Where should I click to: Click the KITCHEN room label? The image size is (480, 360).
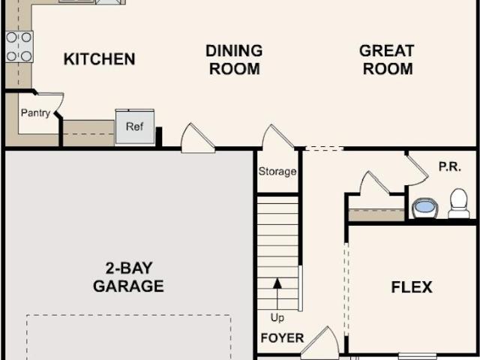[99, 59]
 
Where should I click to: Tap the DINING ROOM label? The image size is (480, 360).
[234, 60]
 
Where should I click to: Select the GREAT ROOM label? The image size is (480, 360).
[387, 60]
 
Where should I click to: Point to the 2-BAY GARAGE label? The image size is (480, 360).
[128, 277]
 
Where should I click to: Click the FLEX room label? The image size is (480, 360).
[412, 287]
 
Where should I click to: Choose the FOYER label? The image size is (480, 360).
[282, 338]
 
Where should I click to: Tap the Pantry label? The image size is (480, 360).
[35, 113]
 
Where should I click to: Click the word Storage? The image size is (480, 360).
[277, 172]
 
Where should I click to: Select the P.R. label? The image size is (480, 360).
[450, 167]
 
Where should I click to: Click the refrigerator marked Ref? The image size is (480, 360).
[135, 127]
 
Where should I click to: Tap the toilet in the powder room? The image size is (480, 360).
[458, 203]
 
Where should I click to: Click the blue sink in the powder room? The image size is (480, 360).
[425, 208]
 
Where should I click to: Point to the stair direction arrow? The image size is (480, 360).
[277, 294]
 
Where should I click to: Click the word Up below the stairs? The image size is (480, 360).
[277, 318]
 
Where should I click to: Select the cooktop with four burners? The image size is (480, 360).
[19, 46]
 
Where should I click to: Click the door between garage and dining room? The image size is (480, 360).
[198, 138]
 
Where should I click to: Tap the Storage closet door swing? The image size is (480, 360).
[278, 136]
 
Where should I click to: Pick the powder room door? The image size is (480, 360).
[418, 170]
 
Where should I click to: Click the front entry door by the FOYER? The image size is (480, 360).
[320, 343]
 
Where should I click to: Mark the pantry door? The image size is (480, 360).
[58, 104]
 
